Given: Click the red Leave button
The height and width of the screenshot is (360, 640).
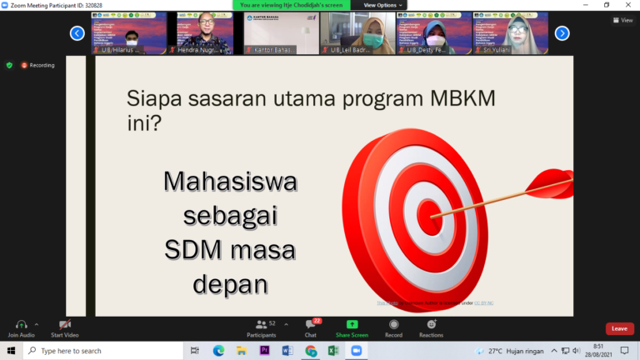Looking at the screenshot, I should [x=619, y=328].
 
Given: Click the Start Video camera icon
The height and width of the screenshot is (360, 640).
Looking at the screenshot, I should [x=64, y=324].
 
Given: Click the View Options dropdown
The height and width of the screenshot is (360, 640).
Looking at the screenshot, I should [x=380, y=5].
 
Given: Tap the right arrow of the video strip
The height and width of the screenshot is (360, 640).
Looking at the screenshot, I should [x=562, y=33].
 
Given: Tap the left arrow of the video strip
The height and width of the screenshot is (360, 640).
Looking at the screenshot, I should [x=77, y=33].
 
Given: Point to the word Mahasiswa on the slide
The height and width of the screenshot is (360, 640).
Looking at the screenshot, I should [x=230, y=181].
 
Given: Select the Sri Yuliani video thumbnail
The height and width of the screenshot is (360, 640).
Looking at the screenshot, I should [x=510, y=33].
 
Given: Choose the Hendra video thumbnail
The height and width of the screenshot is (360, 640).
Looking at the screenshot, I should [x=205, y=33].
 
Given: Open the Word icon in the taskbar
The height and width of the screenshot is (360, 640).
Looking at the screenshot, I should [x=287, y=351].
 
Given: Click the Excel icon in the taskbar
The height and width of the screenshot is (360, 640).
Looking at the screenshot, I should [x=332, y=351].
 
